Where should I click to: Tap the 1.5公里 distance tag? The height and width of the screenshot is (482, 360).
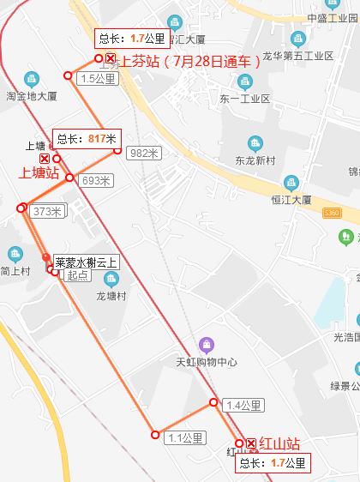97,79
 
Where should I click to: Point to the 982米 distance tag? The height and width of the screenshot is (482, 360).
143,153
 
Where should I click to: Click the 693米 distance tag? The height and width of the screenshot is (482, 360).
95,181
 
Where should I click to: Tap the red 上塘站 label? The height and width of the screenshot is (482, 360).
39,173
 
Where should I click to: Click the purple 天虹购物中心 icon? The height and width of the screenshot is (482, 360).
203,344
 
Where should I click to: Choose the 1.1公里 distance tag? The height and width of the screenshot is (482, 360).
184,437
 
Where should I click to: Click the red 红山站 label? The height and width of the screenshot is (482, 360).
279,443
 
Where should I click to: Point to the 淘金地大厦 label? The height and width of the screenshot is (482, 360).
32,95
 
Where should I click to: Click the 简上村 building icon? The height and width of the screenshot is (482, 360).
15,254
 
